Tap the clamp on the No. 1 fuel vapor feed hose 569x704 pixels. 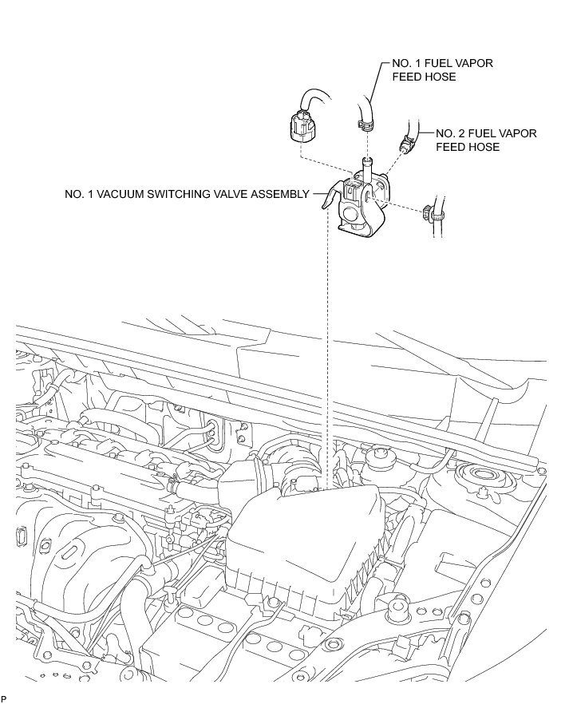pos(364,124)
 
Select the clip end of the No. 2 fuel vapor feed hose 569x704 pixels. pos(406,145)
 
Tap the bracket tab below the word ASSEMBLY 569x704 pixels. pos(326,200)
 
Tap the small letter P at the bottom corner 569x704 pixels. pos(4,698)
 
